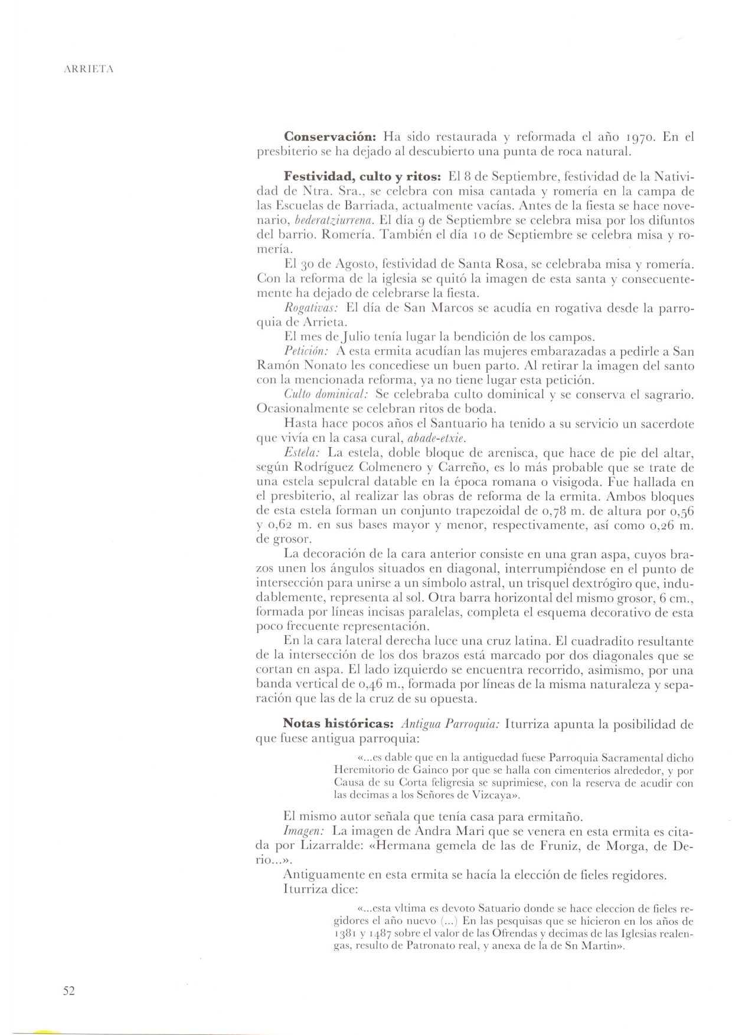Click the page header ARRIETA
(89, 70)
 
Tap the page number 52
(69, 991)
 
